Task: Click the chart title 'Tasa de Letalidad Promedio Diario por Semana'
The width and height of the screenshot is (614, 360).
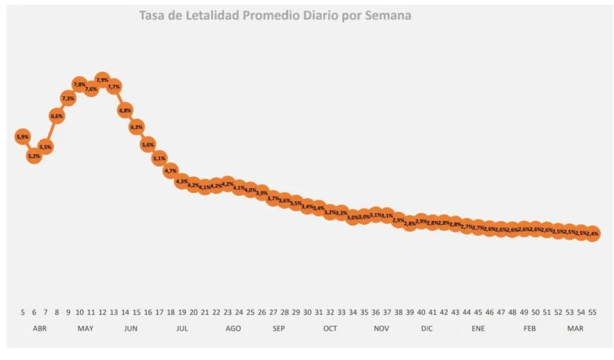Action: click(275, 15)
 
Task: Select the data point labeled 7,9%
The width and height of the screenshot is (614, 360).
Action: click(102, 79)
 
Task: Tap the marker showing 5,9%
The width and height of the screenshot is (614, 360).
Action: click(23, 137)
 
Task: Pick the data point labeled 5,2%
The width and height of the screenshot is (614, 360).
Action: click(33, 156)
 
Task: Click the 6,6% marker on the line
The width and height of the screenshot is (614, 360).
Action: click(57, 116)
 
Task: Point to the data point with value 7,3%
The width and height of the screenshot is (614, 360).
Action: click(68, 98)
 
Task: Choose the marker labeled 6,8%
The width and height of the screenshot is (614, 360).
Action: click(125, 110)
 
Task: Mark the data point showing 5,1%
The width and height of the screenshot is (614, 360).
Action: click(159, 158)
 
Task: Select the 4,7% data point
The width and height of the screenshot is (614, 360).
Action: click(171, 170)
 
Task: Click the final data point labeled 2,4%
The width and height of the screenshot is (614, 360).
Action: click(593, 233)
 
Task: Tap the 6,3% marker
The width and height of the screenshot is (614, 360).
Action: click(136, 127)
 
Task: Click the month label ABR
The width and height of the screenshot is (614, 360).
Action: click(40, 329)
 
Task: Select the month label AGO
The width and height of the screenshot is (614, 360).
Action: click(233, 329)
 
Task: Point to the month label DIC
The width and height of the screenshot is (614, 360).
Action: click(427, 329)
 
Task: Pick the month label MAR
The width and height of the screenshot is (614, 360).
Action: click(575, 329)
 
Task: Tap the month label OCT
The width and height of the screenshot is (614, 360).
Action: click(330, 329)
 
